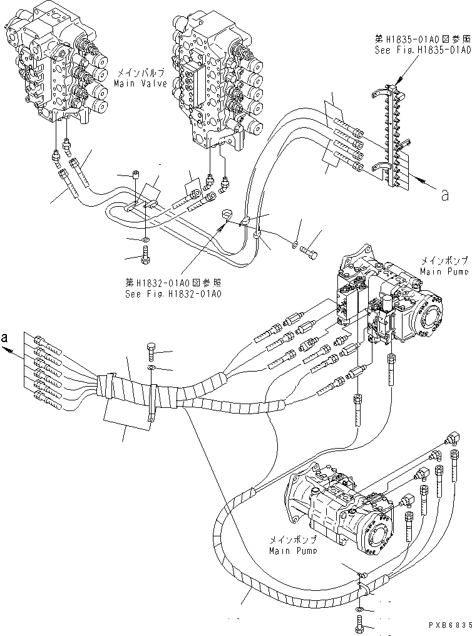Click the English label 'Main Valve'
(x=141, y=83)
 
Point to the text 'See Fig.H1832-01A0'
(x=175, y=293)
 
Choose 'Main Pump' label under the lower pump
(x=293, y=550)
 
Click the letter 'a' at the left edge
(x=6, y=338)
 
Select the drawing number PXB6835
(x=449, y=625)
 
